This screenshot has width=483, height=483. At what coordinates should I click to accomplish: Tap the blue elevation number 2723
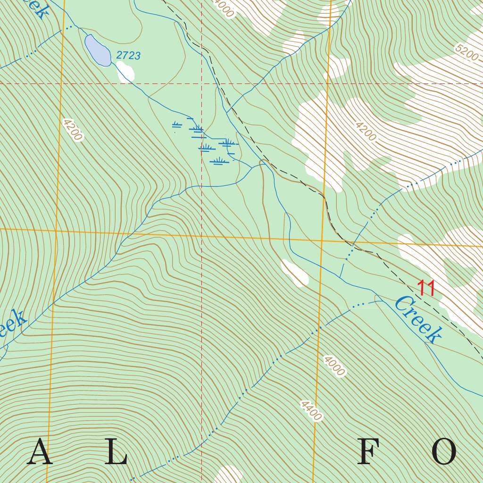click(128, 56)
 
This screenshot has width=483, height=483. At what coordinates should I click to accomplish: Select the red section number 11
click(426, 288)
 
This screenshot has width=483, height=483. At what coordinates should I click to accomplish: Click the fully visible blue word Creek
click(418, 319)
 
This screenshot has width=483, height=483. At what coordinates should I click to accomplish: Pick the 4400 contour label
click(311, 410)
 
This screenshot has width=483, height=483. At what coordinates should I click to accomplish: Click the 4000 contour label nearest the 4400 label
click(334, 366)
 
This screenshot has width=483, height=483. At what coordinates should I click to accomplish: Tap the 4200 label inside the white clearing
click(366, 132)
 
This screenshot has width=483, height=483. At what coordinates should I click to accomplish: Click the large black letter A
click(39, 452)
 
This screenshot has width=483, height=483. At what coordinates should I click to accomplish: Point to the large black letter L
click(116, 452)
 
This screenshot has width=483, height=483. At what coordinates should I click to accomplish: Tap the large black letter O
click(443, 452)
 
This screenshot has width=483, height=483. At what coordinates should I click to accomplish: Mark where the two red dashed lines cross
click(201, 83)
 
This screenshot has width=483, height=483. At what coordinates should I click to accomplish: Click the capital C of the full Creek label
click(402, 305)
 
